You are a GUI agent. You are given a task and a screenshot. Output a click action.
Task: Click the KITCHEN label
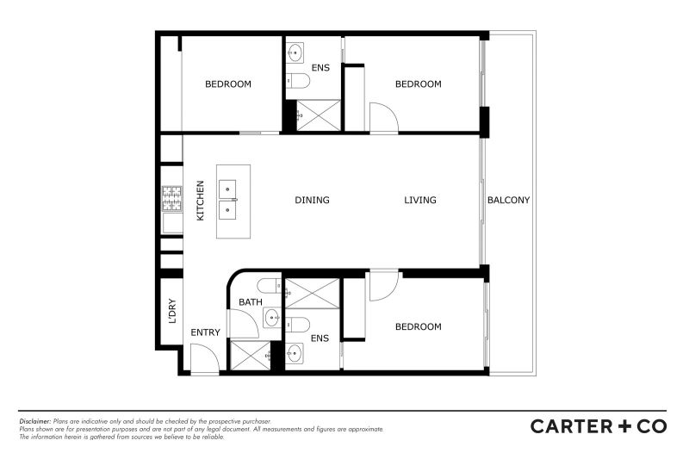(200, 201)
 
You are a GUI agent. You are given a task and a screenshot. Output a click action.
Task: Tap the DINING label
(312, 201)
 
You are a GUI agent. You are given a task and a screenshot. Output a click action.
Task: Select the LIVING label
(420, 201)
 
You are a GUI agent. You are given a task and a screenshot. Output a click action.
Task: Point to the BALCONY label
(508, 201)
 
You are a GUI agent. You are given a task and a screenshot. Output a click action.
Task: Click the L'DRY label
(172, 311)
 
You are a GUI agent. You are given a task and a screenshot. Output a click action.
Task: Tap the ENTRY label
(205, 332)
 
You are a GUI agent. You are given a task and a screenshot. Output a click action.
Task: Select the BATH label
(251, 302)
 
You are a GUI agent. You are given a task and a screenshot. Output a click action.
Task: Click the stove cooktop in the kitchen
(171, 199)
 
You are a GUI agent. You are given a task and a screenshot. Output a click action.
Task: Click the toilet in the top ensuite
(298, 81)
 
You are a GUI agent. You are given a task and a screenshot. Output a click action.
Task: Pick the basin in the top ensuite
(295, 53)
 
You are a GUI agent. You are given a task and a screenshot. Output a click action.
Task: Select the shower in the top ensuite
(319, 115)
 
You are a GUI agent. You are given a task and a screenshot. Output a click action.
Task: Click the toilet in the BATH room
(270, 287)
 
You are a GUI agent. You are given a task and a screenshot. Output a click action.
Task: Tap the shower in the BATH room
(251, 356)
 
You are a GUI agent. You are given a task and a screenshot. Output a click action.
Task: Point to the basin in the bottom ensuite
(295, 353)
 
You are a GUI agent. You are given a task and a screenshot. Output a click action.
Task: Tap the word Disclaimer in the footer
(35, 421)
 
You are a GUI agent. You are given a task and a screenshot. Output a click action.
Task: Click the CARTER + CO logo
(599, 426)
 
